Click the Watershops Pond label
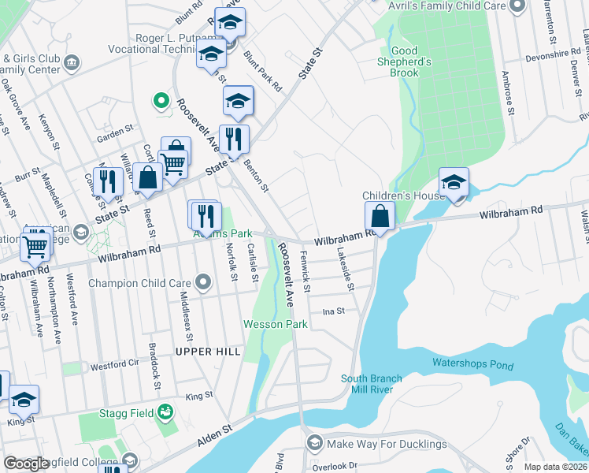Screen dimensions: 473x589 tap(472, 365)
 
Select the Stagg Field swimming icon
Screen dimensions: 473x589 tap(165, 411)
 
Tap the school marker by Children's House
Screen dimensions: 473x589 tap(454, 182)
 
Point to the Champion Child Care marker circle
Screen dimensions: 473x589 tap(204, 282)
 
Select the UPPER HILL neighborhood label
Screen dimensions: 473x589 tap(208, 351)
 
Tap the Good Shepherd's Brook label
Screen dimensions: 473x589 tap(410, 61)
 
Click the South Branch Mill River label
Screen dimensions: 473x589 tap(372, 384)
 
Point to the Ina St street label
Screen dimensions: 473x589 tap(334, 311)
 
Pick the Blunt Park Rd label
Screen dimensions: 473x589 tap(262, 72)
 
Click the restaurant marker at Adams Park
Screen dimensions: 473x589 tap(207, 215)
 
